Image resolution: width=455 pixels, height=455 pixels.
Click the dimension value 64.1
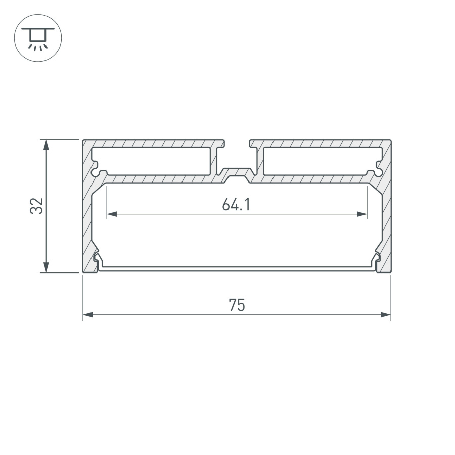click(237, 205)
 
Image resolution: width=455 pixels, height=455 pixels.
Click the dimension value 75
click(237, 305)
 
